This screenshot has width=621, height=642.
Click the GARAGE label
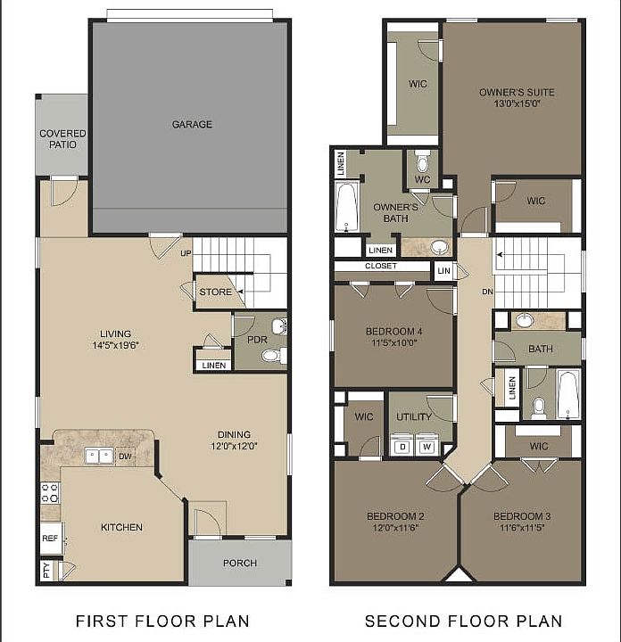(192, 125)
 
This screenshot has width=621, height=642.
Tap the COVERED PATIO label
(62, 139)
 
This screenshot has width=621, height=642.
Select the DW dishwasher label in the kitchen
(126, 456)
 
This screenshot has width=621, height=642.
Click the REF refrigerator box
(50, 539)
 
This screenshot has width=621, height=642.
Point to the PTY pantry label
(46, 568)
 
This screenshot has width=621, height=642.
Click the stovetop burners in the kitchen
(50, 493)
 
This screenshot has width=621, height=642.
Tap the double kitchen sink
(98, 456)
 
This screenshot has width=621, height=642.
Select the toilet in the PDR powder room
(271, 356)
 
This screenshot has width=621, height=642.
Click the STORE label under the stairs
(215, 292)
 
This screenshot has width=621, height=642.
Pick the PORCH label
(239, 563)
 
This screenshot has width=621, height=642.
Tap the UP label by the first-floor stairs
(186, 253)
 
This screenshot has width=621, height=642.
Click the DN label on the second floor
(487, 291)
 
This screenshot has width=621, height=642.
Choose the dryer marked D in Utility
(402, 446)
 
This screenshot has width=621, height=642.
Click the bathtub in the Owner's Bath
(346, 208)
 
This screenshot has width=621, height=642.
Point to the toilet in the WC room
(423, 163)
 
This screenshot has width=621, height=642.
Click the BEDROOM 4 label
(393, 333)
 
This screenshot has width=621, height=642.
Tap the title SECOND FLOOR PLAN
(463, 621)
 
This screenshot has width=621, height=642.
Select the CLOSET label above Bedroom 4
(381, 266)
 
